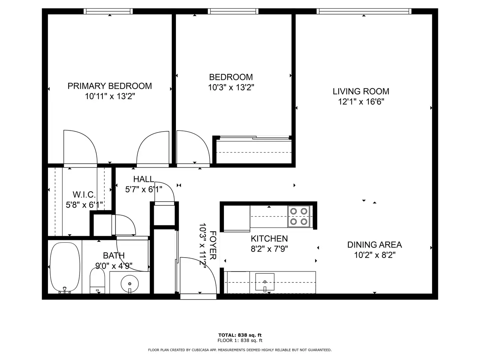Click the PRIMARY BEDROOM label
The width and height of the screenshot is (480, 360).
109,86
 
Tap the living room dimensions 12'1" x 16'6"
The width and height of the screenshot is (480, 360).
361,102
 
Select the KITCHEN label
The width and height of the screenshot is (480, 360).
269,239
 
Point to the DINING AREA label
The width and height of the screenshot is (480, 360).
375,245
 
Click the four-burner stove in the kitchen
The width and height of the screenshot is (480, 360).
299,216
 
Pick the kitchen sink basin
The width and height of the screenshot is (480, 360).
265,282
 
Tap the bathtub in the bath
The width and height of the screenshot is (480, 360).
65,267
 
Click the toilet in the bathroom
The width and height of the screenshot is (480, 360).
97,280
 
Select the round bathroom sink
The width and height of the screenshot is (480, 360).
130,284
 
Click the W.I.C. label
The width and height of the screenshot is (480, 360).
84,194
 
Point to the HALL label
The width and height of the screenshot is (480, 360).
144,179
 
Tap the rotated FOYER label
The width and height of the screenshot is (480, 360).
213,245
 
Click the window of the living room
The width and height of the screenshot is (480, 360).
364,11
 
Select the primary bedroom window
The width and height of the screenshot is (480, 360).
108,11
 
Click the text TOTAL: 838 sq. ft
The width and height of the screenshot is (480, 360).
240,335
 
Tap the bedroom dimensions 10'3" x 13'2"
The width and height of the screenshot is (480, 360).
231,87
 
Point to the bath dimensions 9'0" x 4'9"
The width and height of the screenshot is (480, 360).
114,266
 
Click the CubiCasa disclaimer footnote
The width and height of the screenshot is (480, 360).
240,350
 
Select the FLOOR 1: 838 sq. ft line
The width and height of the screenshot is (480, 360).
240,340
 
